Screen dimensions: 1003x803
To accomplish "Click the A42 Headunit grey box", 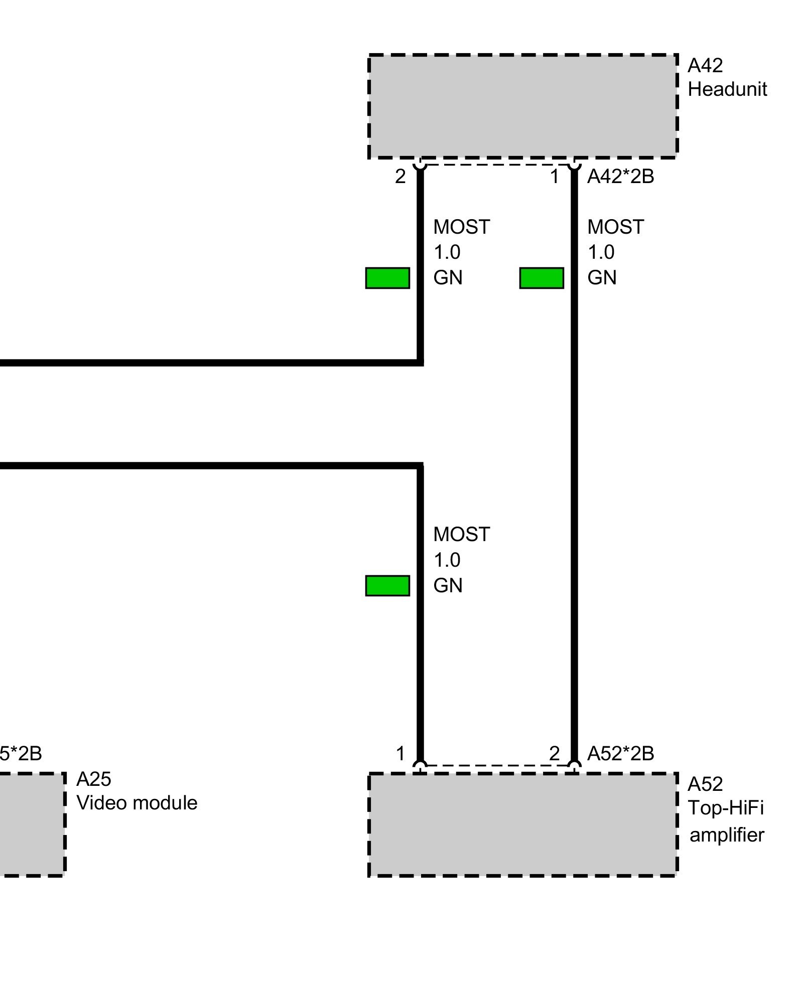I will pyautogui.click(x=522, y=106).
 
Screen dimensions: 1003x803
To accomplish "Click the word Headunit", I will pyautogui.click(x=727, y=89).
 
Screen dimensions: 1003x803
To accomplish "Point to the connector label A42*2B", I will pyautogui.click(x=620, y=177).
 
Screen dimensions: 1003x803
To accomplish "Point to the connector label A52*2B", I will pyautogui.click(x=620, y=753).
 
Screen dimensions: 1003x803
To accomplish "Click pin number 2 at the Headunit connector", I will pyautogui.click(x=400, y=177).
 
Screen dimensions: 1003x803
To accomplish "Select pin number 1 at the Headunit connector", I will pyautogui.click(x=554, y=177).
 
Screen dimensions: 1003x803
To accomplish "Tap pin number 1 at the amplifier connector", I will pyautogui.click(x=400, y=753).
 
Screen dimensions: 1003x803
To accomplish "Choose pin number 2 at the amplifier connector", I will pyautogui.click(x=554, y=753).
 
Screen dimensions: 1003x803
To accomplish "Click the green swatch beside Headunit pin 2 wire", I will pyautogui.click(x=387, y=278).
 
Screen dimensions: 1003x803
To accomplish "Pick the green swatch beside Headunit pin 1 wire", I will pyautogui.click(x=542, y=278).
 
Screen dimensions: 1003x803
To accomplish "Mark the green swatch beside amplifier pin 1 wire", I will pyautogui.click(x=387, y=585).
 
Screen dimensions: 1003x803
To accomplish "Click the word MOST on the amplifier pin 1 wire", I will pyautogui.click(x=461, y=535).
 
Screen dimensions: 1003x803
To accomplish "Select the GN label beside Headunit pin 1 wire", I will pyautogui.click(x=602, y=278).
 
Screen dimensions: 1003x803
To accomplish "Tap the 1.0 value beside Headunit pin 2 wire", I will pyautogui.click(x=447, y=252).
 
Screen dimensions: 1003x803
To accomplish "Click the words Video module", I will pyautogui.click(x=137, y=803).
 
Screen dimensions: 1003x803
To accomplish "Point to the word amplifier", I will pyautogui.click(x=726, y=835).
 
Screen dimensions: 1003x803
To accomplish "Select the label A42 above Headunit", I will pyautogui.click(x=705, y=65).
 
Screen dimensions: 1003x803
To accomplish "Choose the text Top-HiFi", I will pyautogui.click(x=725, y=808).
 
